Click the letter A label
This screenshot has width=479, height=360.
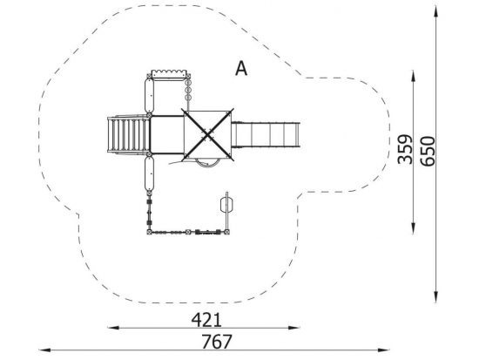(241, 69)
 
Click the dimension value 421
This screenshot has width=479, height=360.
(206, 320)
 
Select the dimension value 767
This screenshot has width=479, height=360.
(217, 342)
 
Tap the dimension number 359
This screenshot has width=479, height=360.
(405, 149)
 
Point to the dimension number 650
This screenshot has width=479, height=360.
(427, 152)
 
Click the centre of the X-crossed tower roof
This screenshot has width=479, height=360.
(208, 134)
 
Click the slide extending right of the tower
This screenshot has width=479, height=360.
(266, 135)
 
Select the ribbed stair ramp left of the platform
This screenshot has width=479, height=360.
(128, 134)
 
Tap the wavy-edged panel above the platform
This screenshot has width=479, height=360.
(169, 75)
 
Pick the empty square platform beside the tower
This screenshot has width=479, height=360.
(167, 134)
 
